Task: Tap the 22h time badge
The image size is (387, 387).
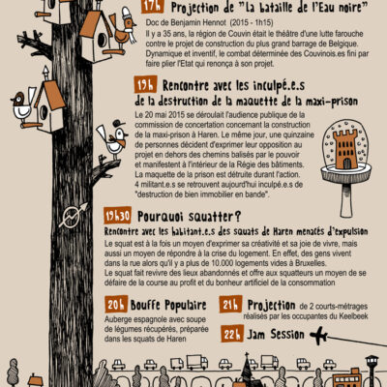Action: tap(231, 334)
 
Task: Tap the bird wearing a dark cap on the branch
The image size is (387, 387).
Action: tap(114, 141)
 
